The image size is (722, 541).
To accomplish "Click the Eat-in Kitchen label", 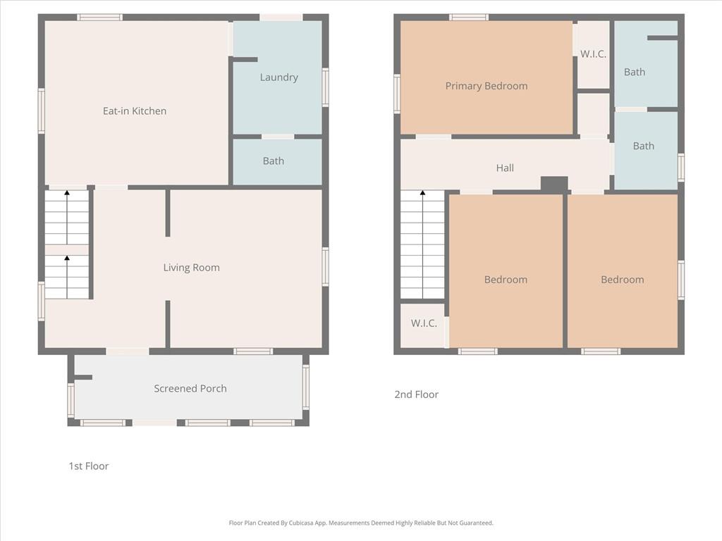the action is pos(135,111).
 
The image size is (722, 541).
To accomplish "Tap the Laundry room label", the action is pos(279,77).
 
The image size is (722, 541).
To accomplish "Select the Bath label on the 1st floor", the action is pos(274,161).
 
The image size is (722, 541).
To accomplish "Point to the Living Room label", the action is pos(192,268).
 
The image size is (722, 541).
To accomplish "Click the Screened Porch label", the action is pos(190,389).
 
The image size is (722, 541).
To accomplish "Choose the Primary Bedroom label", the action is pos(487,86).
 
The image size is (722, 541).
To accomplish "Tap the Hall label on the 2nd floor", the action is pos(505,168).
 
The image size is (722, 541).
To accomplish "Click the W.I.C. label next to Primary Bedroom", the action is pos(593,54).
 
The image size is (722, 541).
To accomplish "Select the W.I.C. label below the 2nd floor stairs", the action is pos(424,323).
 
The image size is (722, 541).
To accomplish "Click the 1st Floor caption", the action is pos(89,466).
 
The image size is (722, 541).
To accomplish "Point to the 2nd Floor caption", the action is pos(416,394).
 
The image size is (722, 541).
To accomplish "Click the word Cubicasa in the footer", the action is pos(301,523).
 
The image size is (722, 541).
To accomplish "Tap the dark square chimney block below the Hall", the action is pos(554,184).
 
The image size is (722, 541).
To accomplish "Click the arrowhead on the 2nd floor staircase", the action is pos(423,193).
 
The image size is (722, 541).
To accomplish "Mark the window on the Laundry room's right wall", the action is pos(326,87).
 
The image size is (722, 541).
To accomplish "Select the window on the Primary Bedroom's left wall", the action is pos(397,94).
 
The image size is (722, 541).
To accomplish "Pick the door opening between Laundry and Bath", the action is pos(278,137).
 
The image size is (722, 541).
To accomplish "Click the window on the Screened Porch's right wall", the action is pos(306,387).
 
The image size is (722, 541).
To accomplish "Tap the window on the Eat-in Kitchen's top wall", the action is pos(100,18).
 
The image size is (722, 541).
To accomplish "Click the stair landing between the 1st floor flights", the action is pos(67,250).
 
